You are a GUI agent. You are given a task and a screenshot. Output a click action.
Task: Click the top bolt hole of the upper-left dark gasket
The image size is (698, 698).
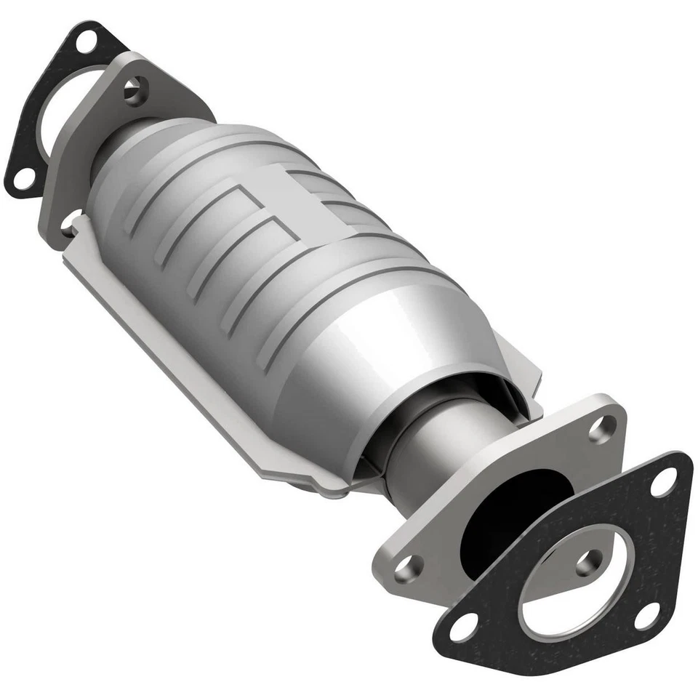pos(86,41)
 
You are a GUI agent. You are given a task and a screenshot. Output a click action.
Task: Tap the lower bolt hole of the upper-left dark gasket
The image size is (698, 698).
pos(23,177)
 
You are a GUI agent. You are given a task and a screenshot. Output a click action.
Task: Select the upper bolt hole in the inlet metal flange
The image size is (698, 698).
pos(134,90)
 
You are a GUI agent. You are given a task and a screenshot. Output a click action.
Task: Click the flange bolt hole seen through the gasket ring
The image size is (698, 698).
pos(587,562)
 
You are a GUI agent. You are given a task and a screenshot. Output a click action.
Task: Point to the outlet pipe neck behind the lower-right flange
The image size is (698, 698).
pos(429,451)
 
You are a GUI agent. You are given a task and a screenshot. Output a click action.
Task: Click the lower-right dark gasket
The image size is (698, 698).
pos(654,553)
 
